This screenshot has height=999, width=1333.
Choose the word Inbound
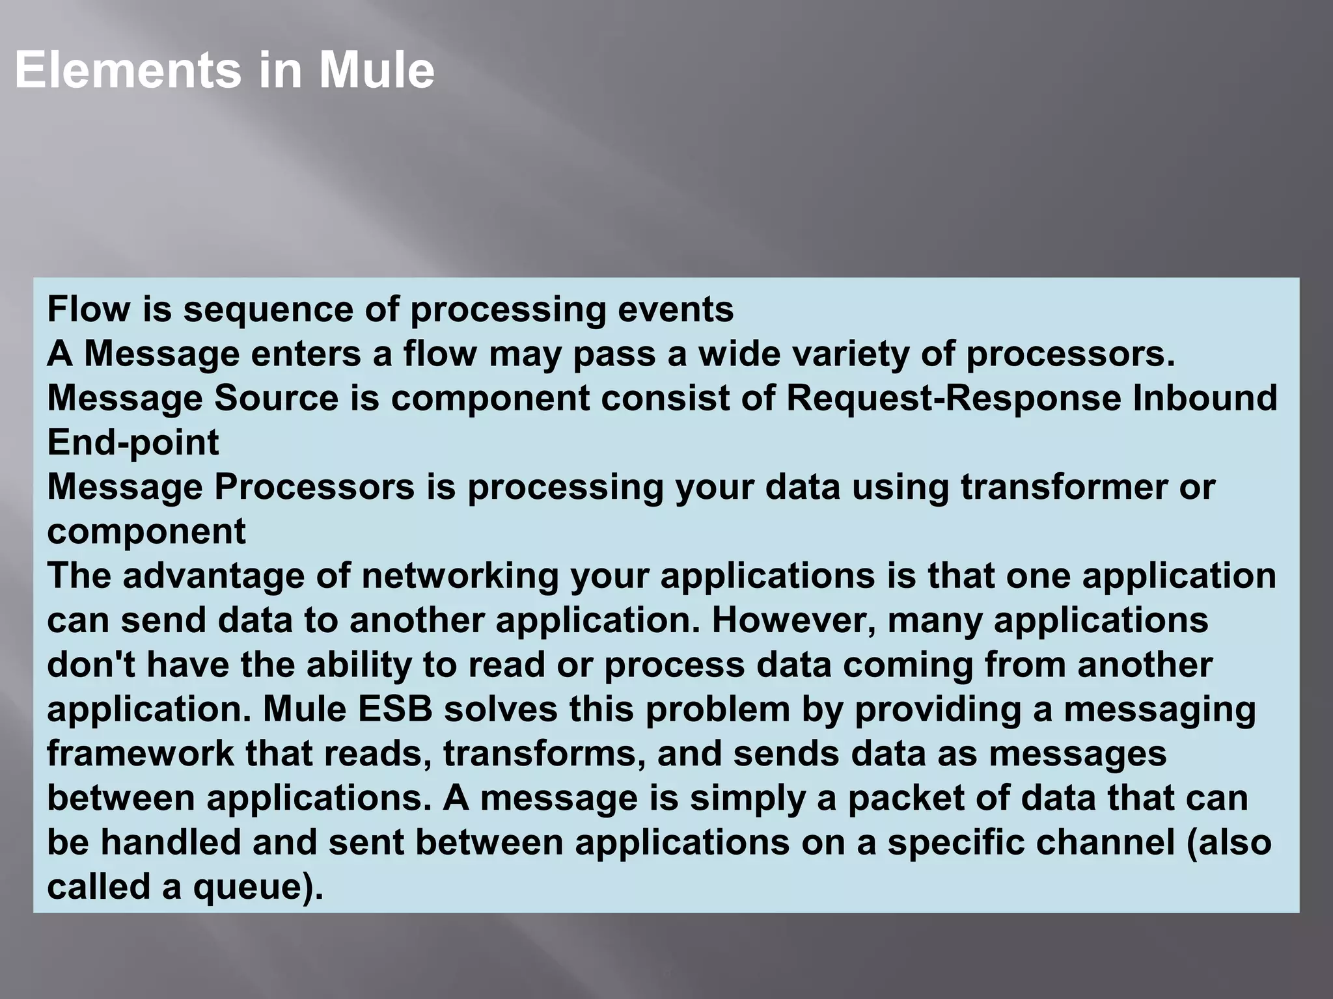point(1205,398)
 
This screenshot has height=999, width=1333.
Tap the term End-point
point(133,443)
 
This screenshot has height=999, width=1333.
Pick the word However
point(793,620)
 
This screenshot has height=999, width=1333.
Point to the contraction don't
point(91,665)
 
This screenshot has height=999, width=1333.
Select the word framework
point(140,754)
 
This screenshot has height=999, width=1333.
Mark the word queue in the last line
point(247,887)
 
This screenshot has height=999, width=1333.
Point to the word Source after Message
point(277,398)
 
